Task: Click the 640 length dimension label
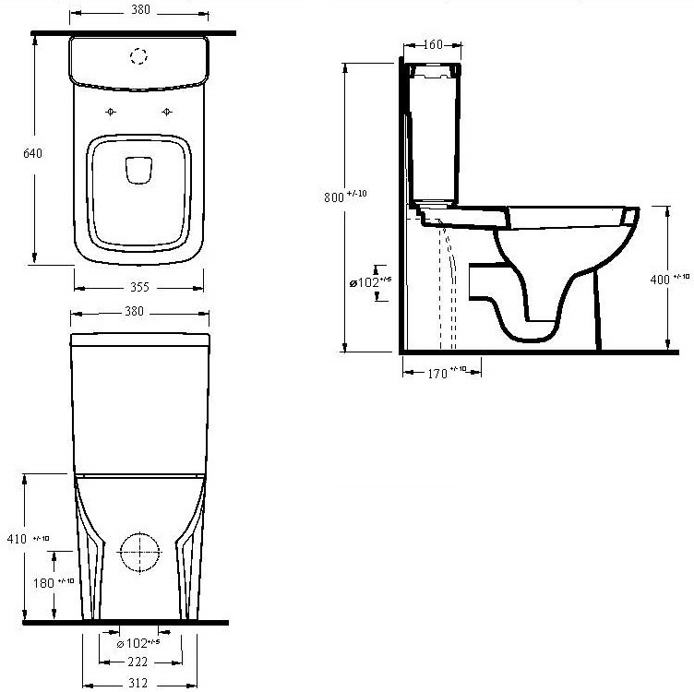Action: [32, 153]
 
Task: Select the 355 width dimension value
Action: [139, 287]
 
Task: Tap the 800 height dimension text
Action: [334, 197]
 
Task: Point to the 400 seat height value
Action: [660, 280]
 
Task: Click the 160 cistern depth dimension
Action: [433, 44]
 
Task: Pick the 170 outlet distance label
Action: [437, 374]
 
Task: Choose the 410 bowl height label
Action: [17, 539]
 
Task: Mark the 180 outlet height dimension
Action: [43, 583]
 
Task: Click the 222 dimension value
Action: [138, 662]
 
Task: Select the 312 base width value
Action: [138, 683]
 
